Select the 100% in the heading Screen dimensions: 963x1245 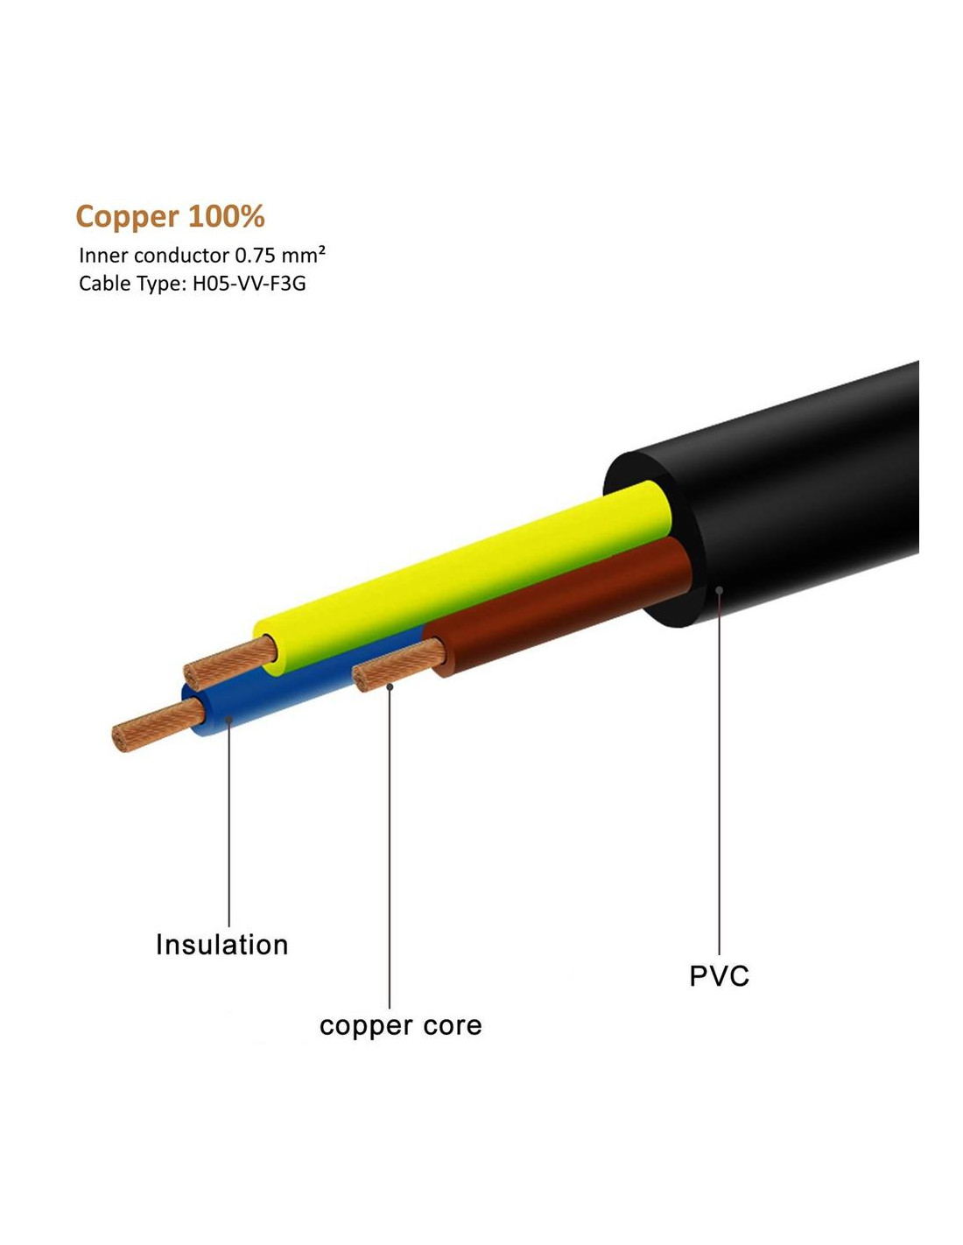point(226,216)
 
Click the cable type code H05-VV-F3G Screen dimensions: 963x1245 point(249,284)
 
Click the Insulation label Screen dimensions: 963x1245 point(221,945)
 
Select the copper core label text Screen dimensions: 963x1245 point(400,1026)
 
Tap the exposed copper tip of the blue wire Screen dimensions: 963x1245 point(158,725)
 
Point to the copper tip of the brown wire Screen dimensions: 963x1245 point(398,665)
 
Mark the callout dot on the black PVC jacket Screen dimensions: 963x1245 point(719,589)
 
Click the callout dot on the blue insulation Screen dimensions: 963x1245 point(228,719)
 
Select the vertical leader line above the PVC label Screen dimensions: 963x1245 point(719,772)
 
